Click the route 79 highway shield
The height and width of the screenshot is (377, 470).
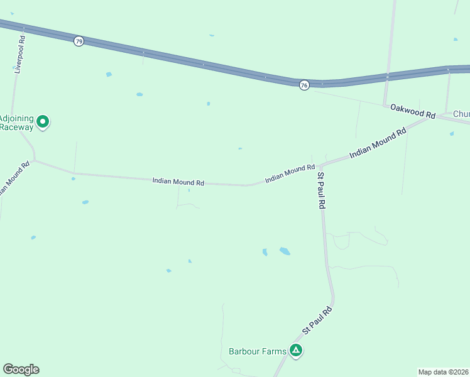(78, 41)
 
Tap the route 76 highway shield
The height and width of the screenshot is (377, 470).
(304, 85)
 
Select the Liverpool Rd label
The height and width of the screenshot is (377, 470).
(21, 55)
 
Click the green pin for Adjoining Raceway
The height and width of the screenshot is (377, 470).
(43, 121)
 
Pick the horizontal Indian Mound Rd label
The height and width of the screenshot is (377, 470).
(178, 182)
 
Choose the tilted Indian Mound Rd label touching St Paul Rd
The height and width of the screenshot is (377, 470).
(290, 174)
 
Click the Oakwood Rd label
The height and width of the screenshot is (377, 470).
(413, 111)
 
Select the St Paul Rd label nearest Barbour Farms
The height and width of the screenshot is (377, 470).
(317, 320)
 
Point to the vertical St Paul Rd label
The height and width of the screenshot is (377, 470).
(321, 191)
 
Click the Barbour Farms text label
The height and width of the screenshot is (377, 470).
(258, 351)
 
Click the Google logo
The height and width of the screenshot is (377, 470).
(21, 369)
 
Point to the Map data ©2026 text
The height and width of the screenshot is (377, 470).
(443, 372)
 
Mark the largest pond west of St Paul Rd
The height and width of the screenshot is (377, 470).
(285, 251)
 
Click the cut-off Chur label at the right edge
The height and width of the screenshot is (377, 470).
(461, 114)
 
